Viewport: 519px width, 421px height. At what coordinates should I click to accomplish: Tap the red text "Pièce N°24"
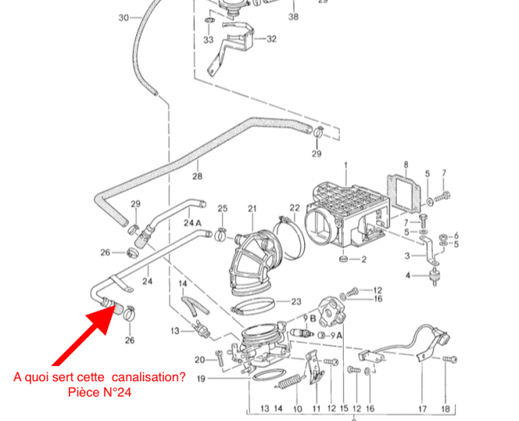(x=101, y=393)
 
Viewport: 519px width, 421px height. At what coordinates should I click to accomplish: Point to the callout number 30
(x=123, y=17)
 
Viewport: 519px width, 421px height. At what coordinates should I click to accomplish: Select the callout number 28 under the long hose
(x=196, y=176)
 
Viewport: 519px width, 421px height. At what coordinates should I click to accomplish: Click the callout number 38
(x=293, y=16)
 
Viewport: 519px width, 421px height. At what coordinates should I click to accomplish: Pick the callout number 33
(x=208, y=39)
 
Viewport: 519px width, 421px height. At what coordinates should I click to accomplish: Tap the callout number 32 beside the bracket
(x=271, y=39)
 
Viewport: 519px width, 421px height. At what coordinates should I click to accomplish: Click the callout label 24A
(x=192, y=222)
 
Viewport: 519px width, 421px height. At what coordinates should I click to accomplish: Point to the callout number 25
(x=222, y=209)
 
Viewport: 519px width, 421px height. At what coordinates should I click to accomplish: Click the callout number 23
(x=295, y=301)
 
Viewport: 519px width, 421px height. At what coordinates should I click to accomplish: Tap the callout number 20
(x=199, y=359)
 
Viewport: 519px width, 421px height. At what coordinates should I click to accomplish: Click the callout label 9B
(x=310, y=319)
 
